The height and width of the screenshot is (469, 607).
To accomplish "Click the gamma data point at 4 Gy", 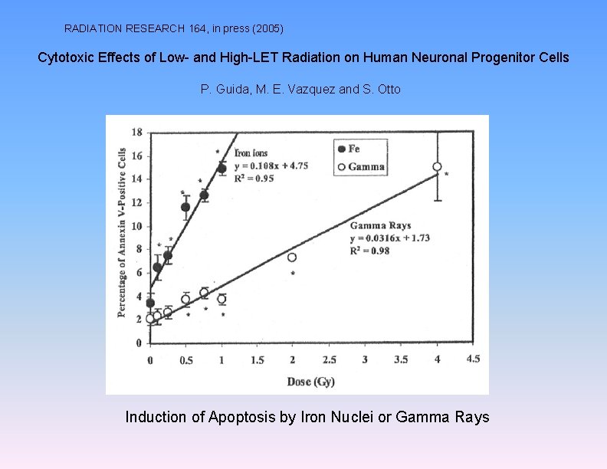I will (x=437, y=166).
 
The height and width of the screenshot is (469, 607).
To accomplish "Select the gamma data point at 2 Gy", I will (x=292, y=257).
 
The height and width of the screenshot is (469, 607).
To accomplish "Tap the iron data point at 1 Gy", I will (x=221, y=169).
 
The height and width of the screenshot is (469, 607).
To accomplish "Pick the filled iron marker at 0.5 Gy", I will (x=185, y=207).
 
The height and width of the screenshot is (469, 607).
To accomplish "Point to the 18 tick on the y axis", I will (x=138, y=133).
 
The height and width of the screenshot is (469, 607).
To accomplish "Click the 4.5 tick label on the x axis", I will (x=473, y=359).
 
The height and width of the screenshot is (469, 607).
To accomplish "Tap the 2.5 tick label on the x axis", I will (x=329, y=359).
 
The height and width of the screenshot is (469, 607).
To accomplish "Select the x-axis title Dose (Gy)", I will (x=310, y=381).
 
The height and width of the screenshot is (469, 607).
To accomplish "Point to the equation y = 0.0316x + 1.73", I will (x=390, y=238).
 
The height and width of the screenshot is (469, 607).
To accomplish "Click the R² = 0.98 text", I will (x=370, y=251).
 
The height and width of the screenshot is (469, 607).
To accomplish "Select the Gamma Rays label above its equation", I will (x=380, y=226).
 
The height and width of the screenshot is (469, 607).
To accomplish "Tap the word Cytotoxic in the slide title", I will (x=67, y=57).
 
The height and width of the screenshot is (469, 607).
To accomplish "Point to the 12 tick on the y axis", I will (x=138, y=202).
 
